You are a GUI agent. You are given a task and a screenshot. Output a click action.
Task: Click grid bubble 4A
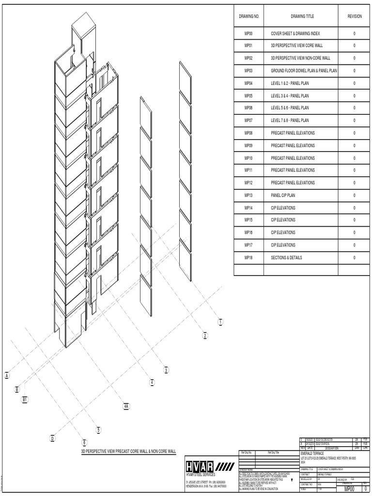126,406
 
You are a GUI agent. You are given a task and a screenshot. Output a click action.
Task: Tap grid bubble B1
25,399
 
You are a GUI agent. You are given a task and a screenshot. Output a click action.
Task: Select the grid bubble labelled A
7,375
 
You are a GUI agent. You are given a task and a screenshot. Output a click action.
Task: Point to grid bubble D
53,438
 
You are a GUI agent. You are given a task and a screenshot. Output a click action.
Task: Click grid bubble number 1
220,322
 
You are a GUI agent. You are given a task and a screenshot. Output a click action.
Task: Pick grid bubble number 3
166,370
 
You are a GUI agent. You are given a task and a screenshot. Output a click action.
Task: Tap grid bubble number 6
84,442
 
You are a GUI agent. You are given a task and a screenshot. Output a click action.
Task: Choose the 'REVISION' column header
355,16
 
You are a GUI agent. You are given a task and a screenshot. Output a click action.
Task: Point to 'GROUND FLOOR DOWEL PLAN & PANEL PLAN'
304,71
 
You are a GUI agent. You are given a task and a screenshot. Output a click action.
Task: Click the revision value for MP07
355,121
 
